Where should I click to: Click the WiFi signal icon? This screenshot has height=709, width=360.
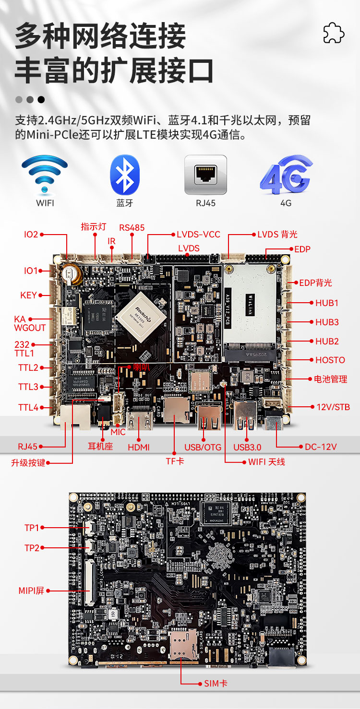pos(45,175)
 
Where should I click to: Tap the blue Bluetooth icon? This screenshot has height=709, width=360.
pos(125,175)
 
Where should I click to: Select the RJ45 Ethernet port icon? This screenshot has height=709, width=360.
pos(205,175)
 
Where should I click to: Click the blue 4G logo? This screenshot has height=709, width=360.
pos(286,175)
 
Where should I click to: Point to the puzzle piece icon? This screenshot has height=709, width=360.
pos(334,33)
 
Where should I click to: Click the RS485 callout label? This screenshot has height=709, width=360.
pos(132,227)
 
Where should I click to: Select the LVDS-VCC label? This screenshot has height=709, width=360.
pos(198,235)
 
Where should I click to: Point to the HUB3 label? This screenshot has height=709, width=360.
pos(327,322)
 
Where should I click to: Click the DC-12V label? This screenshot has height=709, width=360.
pos(321,447)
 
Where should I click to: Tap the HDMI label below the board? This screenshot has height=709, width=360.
pos(139,447)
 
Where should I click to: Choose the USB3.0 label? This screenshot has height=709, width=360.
pos(247,447)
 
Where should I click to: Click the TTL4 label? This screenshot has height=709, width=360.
pos(28,407)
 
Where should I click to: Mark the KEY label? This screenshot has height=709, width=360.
pos(28,295)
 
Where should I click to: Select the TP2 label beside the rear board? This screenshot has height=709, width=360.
pos(32,547)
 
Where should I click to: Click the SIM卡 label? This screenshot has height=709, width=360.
pos(216,683)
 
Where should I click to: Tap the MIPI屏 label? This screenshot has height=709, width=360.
pos(31,591)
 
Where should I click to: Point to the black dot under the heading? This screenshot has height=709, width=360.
pos(41,100)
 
